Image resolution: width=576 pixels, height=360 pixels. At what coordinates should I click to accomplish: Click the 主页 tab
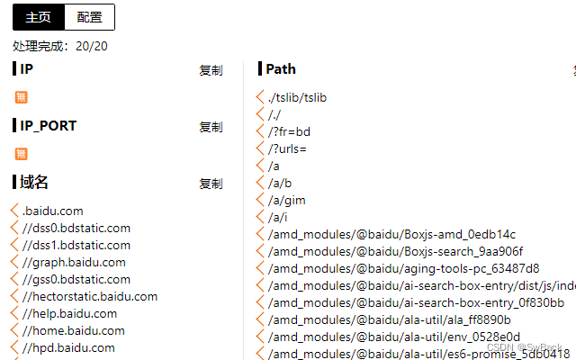[39, 17]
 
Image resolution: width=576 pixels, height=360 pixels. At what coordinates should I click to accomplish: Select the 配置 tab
[90, 17]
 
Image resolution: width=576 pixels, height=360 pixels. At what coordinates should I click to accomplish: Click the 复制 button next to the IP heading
[211, 70]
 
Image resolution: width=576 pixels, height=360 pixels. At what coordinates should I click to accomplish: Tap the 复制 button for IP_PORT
[211, 127]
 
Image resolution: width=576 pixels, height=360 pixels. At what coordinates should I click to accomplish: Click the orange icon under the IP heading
[22, 97]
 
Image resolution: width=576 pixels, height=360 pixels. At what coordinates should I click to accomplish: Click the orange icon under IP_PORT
[22, 154]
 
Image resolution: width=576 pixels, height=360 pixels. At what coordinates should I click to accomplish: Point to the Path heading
[281, 69]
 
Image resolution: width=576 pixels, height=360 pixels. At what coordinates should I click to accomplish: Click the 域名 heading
[34, 183]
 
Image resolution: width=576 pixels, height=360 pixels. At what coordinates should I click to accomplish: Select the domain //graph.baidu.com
[74, 263]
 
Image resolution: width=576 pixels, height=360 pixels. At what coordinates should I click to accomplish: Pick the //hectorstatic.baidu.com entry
[90, 297]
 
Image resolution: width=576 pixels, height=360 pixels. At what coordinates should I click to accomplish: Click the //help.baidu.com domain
[70, 314]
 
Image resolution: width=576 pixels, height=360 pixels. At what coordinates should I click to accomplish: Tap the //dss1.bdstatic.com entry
[76, 245]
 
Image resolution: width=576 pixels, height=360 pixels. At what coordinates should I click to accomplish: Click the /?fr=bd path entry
[289, 131]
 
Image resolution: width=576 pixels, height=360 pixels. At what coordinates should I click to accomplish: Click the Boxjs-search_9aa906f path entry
[395, 251]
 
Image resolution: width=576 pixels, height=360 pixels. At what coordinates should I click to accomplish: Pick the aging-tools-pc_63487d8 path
[403, 268]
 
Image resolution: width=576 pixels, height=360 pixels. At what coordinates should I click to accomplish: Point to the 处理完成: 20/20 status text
[60, 46]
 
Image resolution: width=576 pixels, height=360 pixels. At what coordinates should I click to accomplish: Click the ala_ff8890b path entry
[389, 319]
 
